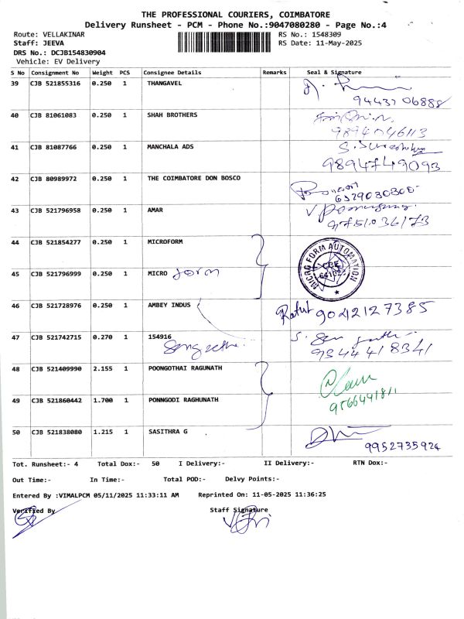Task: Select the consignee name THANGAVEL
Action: coord(165,83)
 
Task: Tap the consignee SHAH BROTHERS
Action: coord(172,115)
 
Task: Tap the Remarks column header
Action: coord(275,72)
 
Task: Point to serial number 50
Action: coord(15,432)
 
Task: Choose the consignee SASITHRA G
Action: coord(168,432)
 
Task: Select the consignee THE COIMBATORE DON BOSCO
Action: coord(193,178)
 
